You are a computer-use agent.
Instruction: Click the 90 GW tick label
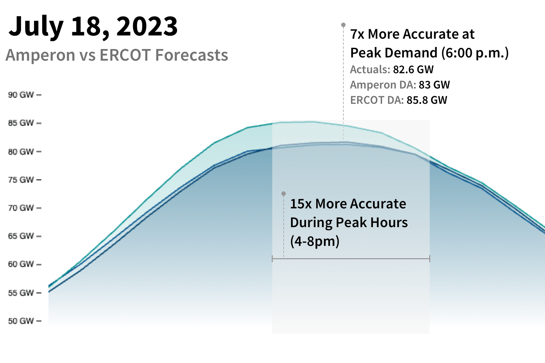point(21,95)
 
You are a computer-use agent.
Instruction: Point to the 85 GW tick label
point(21,123)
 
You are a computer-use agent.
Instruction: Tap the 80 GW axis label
point(21,152)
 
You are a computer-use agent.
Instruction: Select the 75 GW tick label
point(21,180)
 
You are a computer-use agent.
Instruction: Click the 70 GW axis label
point(21,208)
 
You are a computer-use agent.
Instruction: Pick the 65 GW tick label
point(21,236)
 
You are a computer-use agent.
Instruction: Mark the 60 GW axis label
point(21,264)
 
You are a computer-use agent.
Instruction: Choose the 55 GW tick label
point(21,293)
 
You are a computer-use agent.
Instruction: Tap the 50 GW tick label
point(21,321)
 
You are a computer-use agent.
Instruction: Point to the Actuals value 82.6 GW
point(413,70)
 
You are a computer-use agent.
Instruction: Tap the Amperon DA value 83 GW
point(434,85)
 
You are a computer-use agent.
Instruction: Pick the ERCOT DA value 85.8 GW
point(427,100)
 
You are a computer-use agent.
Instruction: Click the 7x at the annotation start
point(357,34)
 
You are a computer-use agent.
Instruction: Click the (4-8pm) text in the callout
point(315,241)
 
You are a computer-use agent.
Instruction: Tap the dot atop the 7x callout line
point(343,25)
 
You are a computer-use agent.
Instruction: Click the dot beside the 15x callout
point(284,194)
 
